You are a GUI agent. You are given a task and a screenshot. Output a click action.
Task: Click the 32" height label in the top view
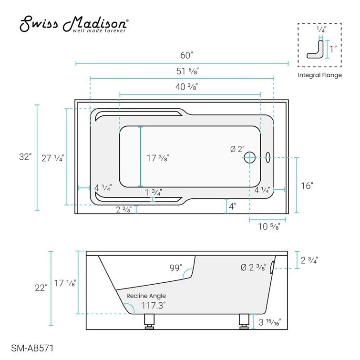pyautogui.click(x=25, y=157)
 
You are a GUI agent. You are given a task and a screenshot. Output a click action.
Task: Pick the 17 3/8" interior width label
pyautogui.click(x=157, y=158)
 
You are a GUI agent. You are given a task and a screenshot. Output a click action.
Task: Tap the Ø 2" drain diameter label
pyautogui.click(x=237, y=149)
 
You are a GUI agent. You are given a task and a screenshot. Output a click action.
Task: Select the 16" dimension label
pyautogui.click(x=307, y=185)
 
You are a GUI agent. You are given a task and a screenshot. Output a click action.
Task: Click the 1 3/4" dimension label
pyautogui.click(x=154, y=193)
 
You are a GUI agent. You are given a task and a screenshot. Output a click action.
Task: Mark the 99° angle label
pyautogui.click(x=175, y=268)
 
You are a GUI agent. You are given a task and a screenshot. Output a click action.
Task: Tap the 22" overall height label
pyautogui.click(x=41, y=288)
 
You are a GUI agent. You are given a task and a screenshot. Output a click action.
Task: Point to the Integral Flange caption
pyautogui.click(x=319, y=75)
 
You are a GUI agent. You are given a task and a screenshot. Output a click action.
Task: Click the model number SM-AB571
pyautogui.click(x=32, y=348)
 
